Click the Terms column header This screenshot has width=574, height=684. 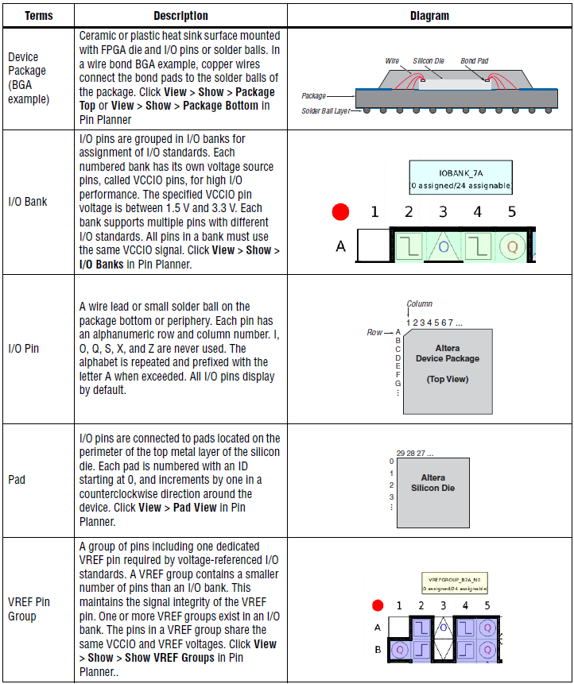(38, 16)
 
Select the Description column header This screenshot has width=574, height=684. (180, 16)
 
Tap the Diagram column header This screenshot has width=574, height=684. (429, 16)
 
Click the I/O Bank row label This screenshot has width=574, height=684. (27, 202)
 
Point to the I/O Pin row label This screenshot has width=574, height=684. (24, 348)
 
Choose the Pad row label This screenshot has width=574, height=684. (16, 480)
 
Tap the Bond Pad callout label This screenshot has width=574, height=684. (474, 61)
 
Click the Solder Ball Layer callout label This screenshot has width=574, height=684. (326, 111)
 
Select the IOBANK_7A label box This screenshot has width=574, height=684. (460, 178)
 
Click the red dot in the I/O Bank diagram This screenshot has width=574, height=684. (341, 213)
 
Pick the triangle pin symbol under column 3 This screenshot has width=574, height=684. (443, 246)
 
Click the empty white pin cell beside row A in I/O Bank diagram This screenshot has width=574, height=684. (373, 246)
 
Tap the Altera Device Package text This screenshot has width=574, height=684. (448, 354)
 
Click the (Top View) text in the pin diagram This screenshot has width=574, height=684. (448, 379)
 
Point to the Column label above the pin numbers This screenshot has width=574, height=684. (419, 304)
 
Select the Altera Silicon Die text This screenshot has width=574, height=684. (433, 483)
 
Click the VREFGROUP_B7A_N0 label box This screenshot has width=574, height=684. (455, 583)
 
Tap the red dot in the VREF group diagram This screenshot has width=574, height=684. (378, 606)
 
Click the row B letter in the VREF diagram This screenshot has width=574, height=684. (378, 649)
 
